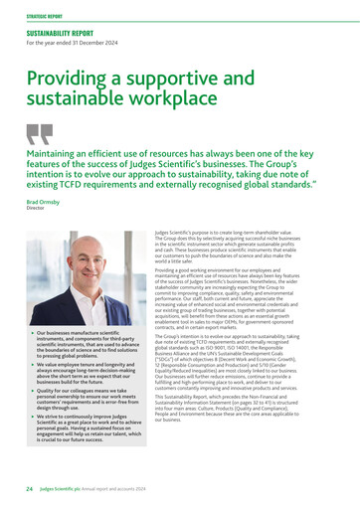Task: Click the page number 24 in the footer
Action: [x=30, y=490]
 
